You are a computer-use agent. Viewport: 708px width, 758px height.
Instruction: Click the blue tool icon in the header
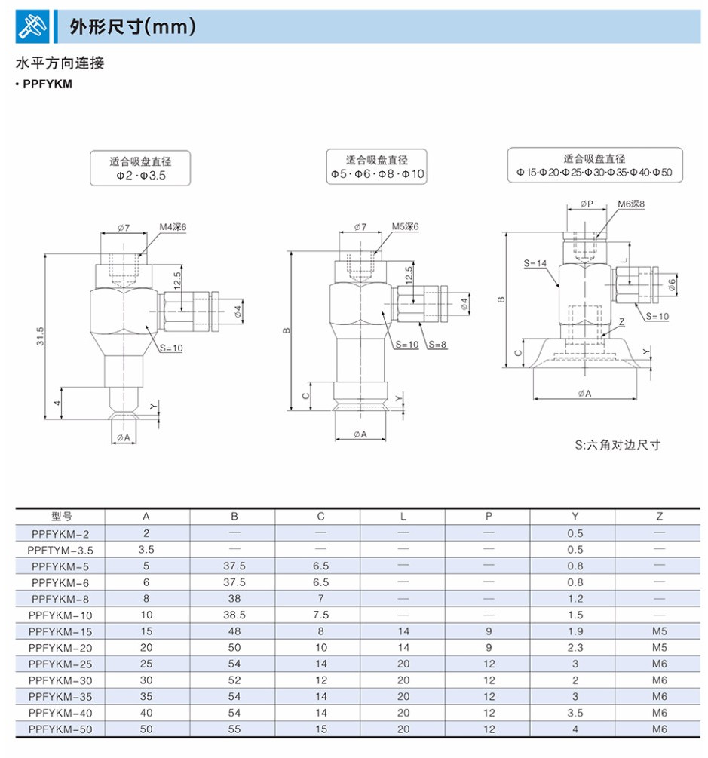(x=32, y=26)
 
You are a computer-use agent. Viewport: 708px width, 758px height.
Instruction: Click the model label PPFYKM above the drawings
(x=48, y=84)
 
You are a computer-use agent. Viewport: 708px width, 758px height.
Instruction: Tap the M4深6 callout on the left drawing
(x=173, y=227)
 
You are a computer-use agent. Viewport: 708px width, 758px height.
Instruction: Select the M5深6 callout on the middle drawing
(x=405, y=227)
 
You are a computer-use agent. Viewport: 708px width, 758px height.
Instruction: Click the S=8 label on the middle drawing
(x=437, y=344)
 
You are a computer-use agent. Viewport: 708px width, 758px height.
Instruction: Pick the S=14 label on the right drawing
(x=535, y=263)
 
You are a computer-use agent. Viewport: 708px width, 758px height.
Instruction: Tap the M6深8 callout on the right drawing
(x=631, y=204)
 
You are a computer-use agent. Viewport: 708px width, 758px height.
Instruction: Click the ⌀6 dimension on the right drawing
(x=671, y=283)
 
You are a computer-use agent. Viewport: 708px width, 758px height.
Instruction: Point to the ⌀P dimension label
(x=587, y=204)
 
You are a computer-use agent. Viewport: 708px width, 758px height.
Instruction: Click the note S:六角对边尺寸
(x=617, y=444)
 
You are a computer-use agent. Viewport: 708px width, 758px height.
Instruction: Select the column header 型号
(x=61, y=517)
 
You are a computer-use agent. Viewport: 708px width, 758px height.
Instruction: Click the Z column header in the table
(x=659, y=517)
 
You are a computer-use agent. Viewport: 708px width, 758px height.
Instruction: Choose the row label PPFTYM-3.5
(x=61, y=550)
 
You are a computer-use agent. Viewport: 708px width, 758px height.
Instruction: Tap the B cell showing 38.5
(x=234, y=615)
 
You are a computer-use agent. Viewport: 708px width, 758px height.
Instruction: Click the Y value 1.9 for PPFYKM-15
(x=575, y=631)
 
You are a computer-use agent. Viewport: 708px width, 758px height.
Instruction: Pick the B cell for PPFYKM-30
(x=234, y=680)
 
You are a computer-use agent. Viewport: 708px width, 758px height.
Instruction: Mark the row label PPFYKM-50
(x=61, y=729)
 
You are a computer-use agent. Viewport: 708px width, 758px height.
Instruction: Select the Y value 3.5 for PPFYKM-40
(x=575, y=713)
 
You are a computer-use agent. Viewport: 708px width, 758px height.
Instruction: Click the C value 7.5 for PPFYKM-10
(x=320, y=615)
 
